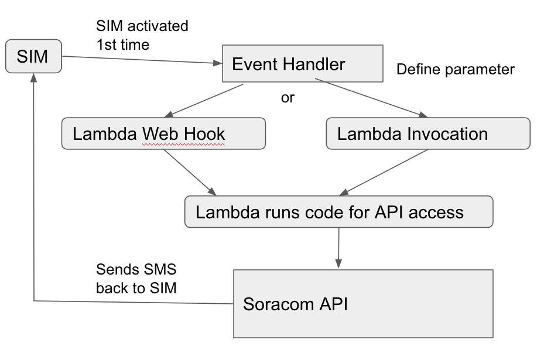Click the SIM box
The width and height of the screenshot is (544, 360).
(33, 57)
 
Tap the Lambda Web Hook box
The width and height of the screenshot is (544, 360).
(163, 133)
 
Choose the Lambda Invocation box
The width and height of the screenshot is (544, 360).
(427, 133)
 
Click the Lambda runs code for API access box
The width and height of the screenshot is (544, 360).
(338, 211)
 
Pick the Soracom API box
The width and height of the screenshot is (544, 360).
(363, 303)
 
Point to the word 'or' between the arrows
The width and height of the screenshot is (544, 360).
(288, 98)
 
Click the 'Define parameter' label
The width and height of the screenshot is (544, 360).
(455, 70)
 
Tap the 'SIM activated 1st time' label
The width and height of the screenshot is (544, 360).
(142, 35)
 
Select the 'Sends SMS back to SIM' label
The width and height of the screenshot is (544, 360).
(136, 279)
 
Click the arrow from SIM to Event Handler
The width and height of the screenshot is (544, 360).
(141, 59)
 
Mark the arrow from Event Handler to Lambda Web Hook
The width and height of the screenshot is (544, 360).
(205, 101)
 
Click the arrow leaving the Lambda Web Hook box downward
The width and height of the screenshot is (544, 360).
(189, 172)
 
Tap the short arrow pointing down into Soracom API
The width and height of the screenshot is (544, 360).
(338, 246)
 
